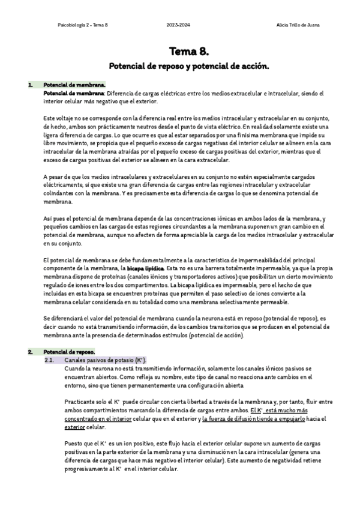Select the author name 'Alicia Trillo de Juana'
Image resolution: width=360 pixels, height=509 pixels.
click(298, 25)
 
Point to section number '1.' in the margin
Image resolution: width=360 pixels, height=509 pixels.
click(30, 85)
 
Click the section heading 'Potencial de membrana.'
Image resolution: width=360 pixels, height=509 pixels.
click(67, 85)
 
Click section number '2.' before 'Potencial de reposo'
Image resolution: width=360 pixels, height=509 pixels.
click(30, 351)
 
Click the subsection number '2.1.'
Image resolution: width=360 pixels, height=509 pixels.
click(50, 359)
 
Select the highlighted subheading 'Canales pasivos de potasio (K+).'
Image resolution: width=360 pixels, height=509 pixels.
click(104, 359)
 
